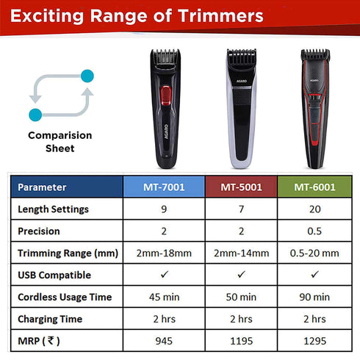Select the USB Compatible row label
[x=54, y=275]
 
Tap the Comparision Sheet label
[x=60, y=141]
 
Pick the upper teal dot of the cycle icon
[x=88, y=75]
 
